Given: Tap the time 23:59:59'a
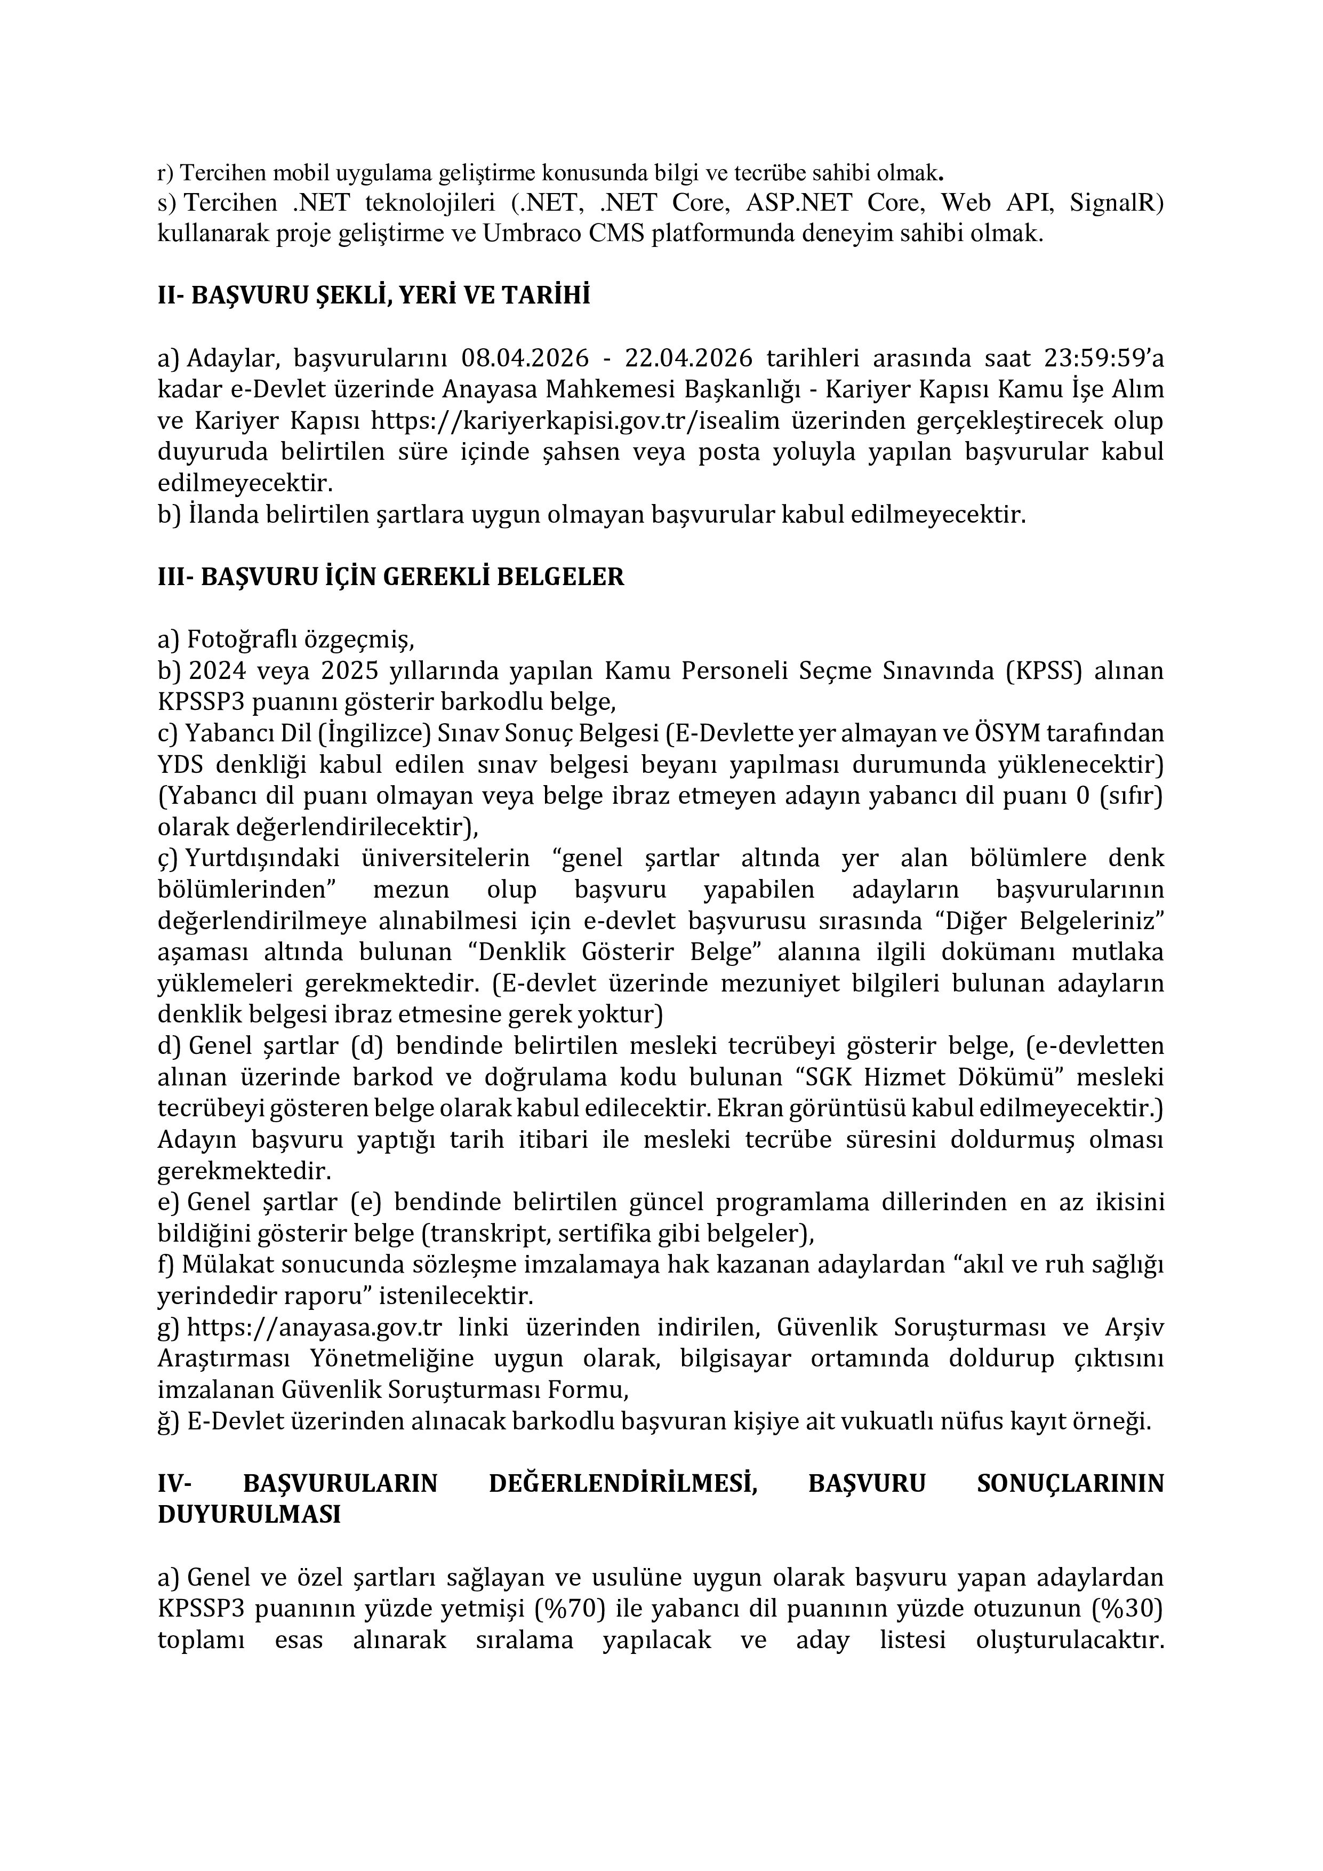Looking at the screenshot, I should pos(1104,358).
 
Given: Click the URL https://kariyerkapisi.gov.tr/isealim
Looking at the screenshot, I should pos(576,421).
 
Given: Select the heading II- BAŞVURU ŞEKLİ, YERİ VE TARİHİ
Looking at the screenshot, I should pos(373,295).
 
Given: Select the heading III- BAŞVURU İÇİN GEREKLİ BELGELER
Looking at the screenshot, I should pos(390,577).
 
